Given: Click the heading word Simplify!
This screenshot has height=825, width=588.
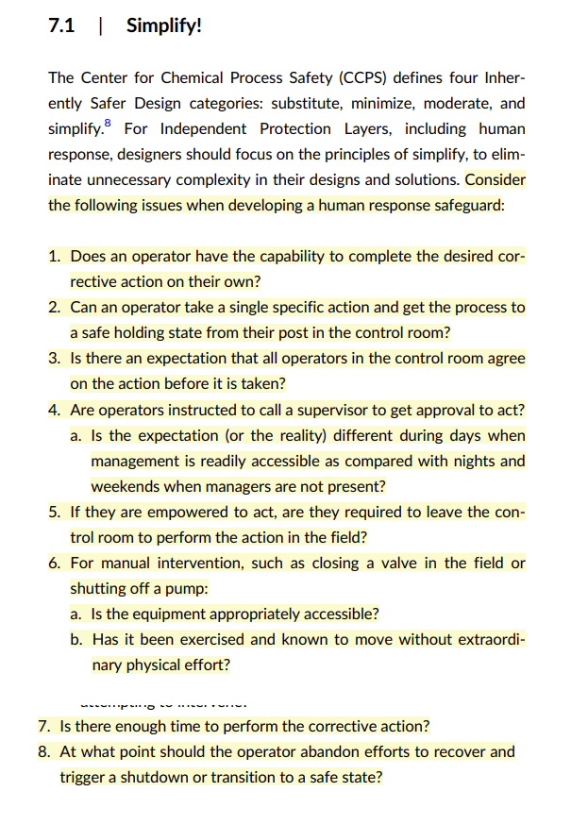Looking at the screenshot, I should click(163, 25).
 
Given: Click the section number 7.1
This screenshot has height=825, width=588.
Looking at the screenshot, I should click(61, 25).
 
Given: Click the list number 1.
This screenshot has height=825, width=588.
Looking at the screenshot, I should click(55, 256).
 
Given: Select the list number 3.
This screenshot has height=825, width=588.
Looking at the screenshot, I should click(55, 359).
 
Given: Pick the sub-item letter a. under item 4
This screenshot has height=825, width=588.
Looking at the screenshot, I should click(76, 435).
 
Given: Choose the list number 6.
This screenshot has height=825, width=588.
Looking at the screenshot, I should click(55, 564).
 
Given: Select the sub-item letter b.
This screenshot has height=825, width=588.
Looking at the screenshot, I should click(76, 640).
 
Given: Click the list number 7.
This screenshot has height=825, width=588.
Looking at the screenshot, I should click(44, 727).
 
